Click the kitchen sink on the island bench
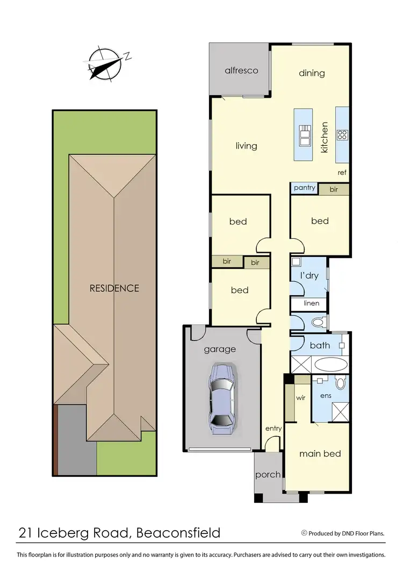[x=305, y=135]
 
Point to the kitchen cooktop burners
[x=342, y=135]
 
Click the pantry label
[x=304, y=189]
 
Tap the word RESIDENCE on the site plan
[x=114, y=288]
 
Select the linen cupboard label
[x=311, y=303]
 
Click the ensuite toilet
[x=340, y=383]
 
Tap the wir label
[x=301, y=399]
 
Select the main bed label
[x=320, y=454]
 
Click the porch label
[x=268, y=474]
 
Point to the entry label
[x=274, y=429]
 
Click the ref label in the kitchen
[x=342, y=173]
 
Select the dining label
[x=312, y=73]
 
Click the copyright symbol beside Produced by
[x=304, y=533]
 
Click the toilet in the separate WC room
[x=319, y=323]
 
